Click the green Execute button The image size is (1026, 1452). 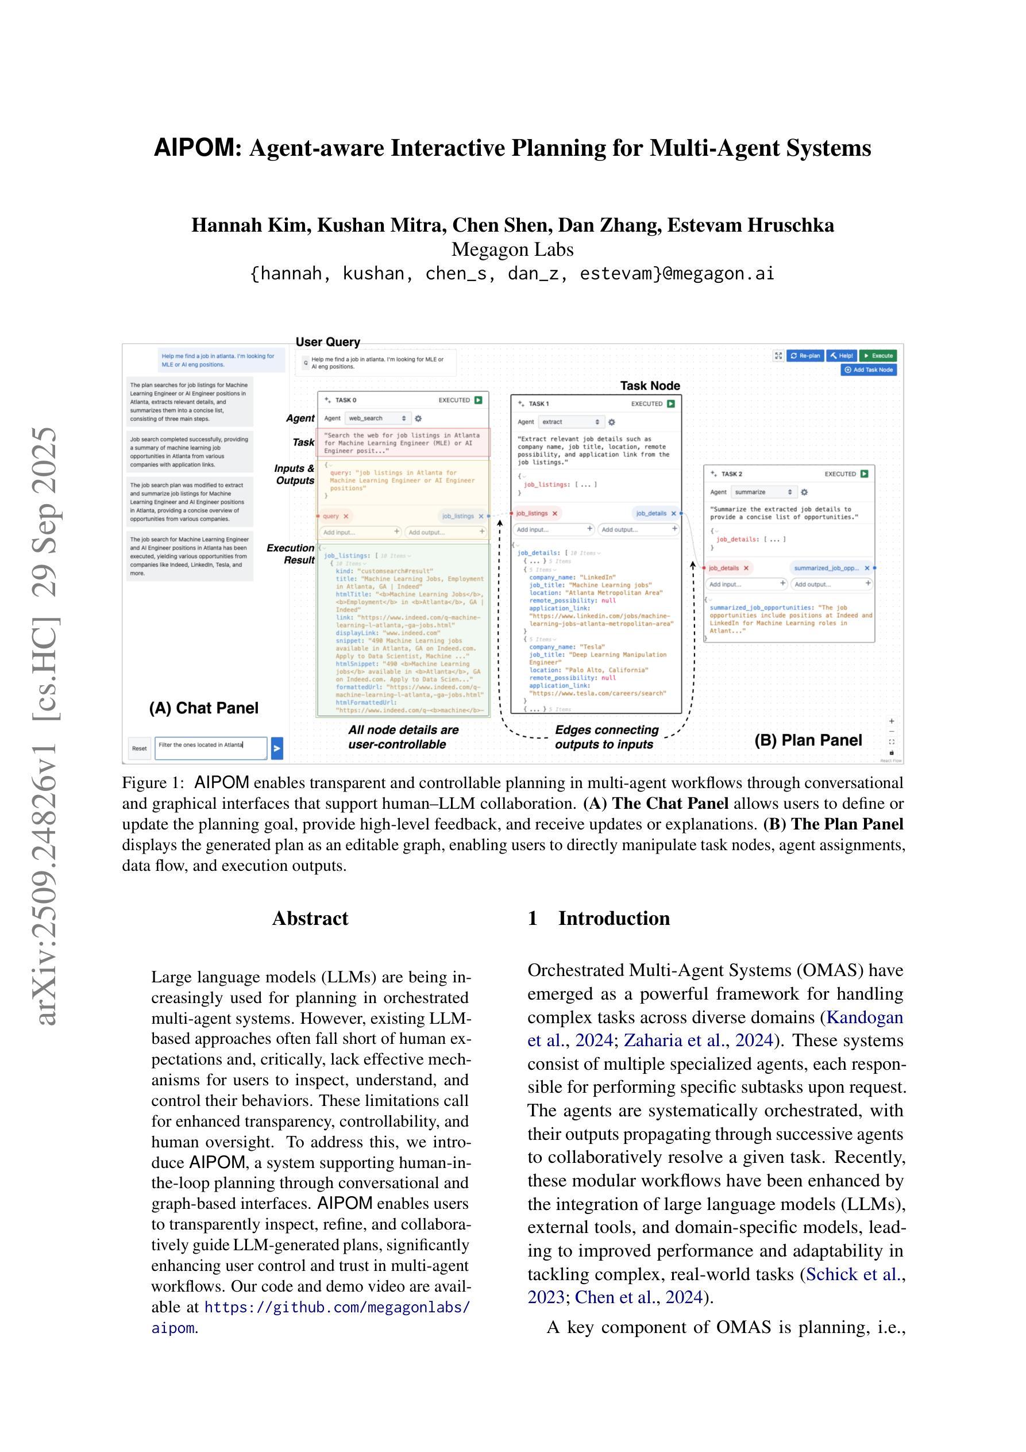(x=878, y=355)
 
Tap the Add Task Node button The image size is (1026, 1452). (x=869, y=370)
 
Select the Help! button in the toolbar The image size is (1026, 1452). (x=842, y=355)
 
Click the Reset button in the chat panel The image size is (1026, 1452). (x=139, y=748)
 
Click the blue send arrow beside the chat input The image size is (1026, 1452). (x=276, y=748)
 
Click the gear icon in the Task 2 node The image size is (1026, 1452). (x=804, y=492)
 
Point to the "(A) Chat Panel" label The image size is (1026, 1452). (x=203, y=708)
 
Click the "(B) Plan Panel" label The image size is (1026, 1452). (x=808, y=740)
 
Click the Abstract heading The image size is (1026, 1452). (x=310, y=918)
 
